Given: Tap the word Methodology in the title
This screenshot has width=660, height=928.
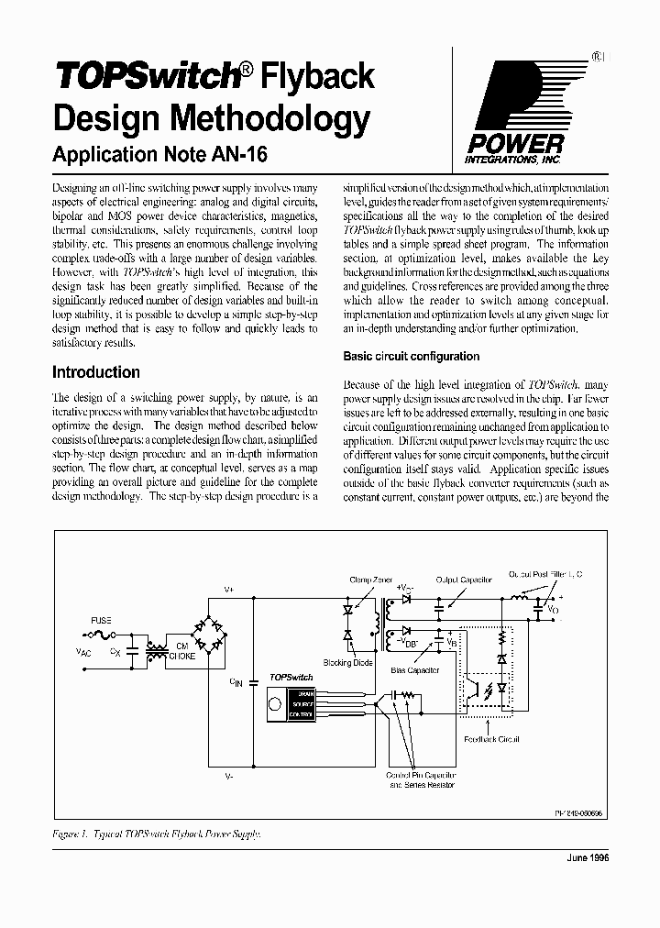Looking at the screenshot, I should [266, 118].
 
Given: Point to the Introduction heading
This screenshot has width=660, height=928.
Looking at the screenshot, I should [96, 372].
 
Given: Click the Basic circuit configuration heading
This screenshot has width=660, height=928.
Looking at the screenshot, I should [411, 356].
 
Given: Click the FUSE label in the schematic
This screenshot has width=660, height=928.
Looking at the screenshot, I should [101, 620].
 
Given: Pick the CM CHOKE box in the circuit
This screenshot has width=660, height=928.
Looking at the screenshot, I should [180, 651].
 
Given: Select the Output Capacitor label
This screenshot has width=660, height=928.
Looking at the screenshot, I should [464, 580].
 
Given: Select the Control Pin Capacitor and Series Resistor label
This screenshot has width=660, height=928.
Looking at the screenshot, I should [423, 779].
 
